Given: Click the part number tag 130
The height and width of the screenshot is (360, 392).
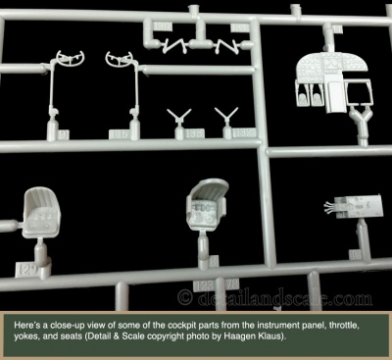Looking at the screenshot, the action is pyautogui.click(x=163, y=26).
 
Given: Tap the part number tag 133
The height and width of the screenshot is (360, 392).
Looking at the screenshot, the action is pyautogui.click(x=195, y=133).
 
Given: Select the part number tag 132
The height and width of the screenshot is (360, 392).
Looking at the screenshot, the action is pyautogui.click(x=244, y=132).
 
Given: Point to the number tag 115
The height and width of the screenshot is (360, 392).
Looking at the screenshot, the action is pyautogui.click(x=119, y=134).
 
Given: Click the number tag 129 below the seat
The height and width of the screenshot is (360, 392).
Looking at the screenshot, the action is pyautogui.click(x=26, y=270).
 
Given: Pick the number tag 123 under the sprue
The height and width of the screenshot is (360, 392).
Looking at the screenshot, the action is pyautogui.click(x=204, y=285).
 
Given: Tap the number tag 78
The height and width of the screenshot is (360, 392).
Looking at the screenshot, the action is pyautogui.click(x=232, y=284).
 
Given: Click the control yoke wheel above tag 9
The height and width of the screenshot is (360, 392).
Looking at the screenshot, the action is pyautogui.click(x=71, y=58).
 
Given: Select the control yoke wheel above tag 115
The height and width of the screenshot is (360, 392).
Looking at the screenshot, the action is pyautogui.click(x=119, y=59).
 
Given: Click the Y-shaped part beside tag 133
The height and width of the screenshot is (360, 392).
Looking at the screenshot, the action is pyautogui.click(x=178, y=117).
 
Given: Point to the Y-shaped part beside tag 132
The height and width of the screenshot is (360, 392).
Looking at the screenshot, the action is pyautogui.click(x=226, y=116).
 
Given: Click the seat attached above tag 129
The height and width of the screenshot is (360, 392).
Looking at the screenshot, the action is pyautogui.click(x=41, y=212).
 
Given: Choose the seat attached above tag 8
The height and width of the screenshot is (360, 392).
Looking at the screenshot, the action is pyautogui.click(x=207, y=204).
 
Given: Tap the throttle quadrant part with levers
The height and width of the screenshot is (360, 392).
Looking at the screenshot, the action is pyautogui.click(x=354, y=207).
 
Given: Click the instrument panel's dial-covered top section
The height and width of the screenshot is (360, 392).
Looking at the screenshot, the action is pyautogui.click(x=331, y=66).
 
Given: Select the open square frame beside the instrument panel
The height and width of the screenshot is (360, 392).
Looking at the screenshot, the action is pyautogui.click(x=359, y=92).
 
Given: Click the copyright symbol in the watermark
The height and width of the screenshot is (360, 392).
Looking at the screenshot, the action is pyautogui.click(x=185, y=298).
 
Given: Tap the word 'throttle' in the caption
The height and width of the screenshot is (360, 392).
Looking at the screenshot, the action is pyautogui.click(x=345, y=326).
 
